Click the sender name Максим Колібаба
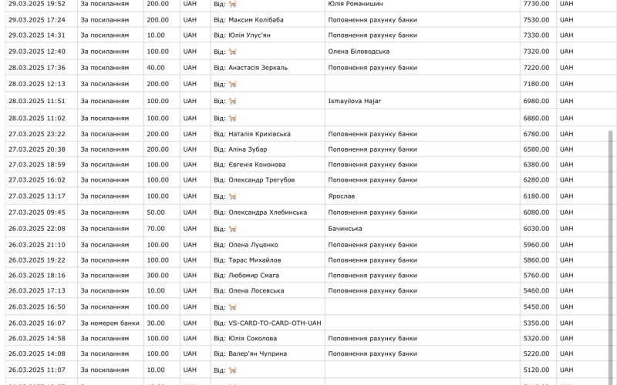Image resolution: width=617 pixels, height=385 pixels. pos(255,19)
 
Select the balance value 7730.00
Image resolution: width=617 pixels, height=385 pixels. pos(536,4)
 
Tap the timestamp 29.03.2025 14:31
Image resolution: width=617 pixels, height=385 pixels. pos(37,35)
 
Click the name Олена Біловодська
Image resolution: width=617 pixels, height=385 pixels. pos(359,52)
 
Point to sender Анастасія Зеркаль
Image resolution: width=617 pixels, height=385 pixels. pos(258,68)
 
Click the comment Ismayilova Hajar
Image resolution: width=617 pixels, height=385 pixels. pos(355,101)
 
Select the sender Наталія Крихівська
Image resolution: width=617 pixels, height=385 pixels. pos(259,134)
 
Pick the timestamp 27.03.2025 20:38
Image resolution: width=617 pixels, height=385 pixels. pos(37,149)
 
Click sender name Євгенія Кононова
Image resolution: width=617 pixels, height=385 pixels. pos(257,165)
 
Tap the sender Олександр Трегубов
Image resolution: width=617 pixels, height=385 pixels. pos(261,180)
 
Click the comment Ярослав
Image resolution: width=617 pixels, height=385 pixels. pos(342,196)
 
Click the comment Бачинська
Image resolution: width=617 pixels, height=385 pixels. pos(345,229)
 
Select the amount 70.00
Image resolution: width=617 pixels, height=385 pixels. pos(157,229)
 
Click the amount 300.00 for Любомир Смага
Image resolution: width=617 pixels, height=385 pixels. pos(158,276)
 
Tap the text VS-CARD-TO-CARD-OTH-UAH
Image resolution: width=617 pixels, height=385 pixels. pos(267,323)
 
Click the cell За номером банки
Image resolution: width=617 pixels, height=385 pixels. pos(110,323)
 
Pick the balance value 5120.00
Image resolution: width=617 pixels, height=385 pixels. pos(536,370)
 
